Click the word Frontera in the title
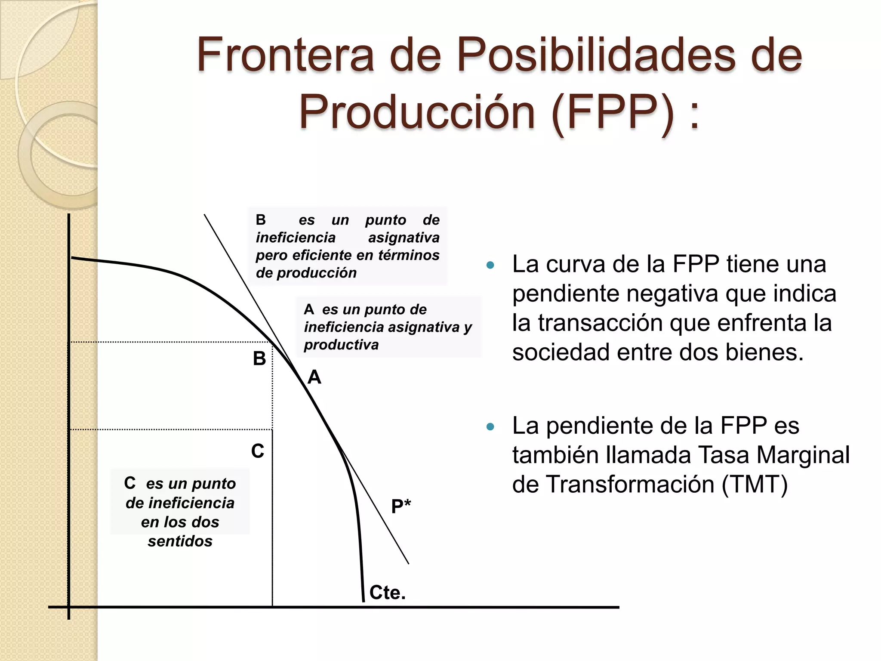(x=285, y=55)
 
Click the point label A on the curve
(x=314, y=377)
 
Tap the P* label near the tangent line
(x=401, y=506)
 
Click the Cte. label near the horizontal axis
(x=387, y=593)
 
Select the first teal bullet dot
(x=490, y=265)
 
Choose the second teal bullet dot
(x=490, y=427)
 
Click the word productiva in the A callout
(x=341, y=345)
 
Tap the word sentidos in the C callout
(x=180, y=541)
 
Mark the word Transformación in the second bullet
(x=630, y=485)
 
